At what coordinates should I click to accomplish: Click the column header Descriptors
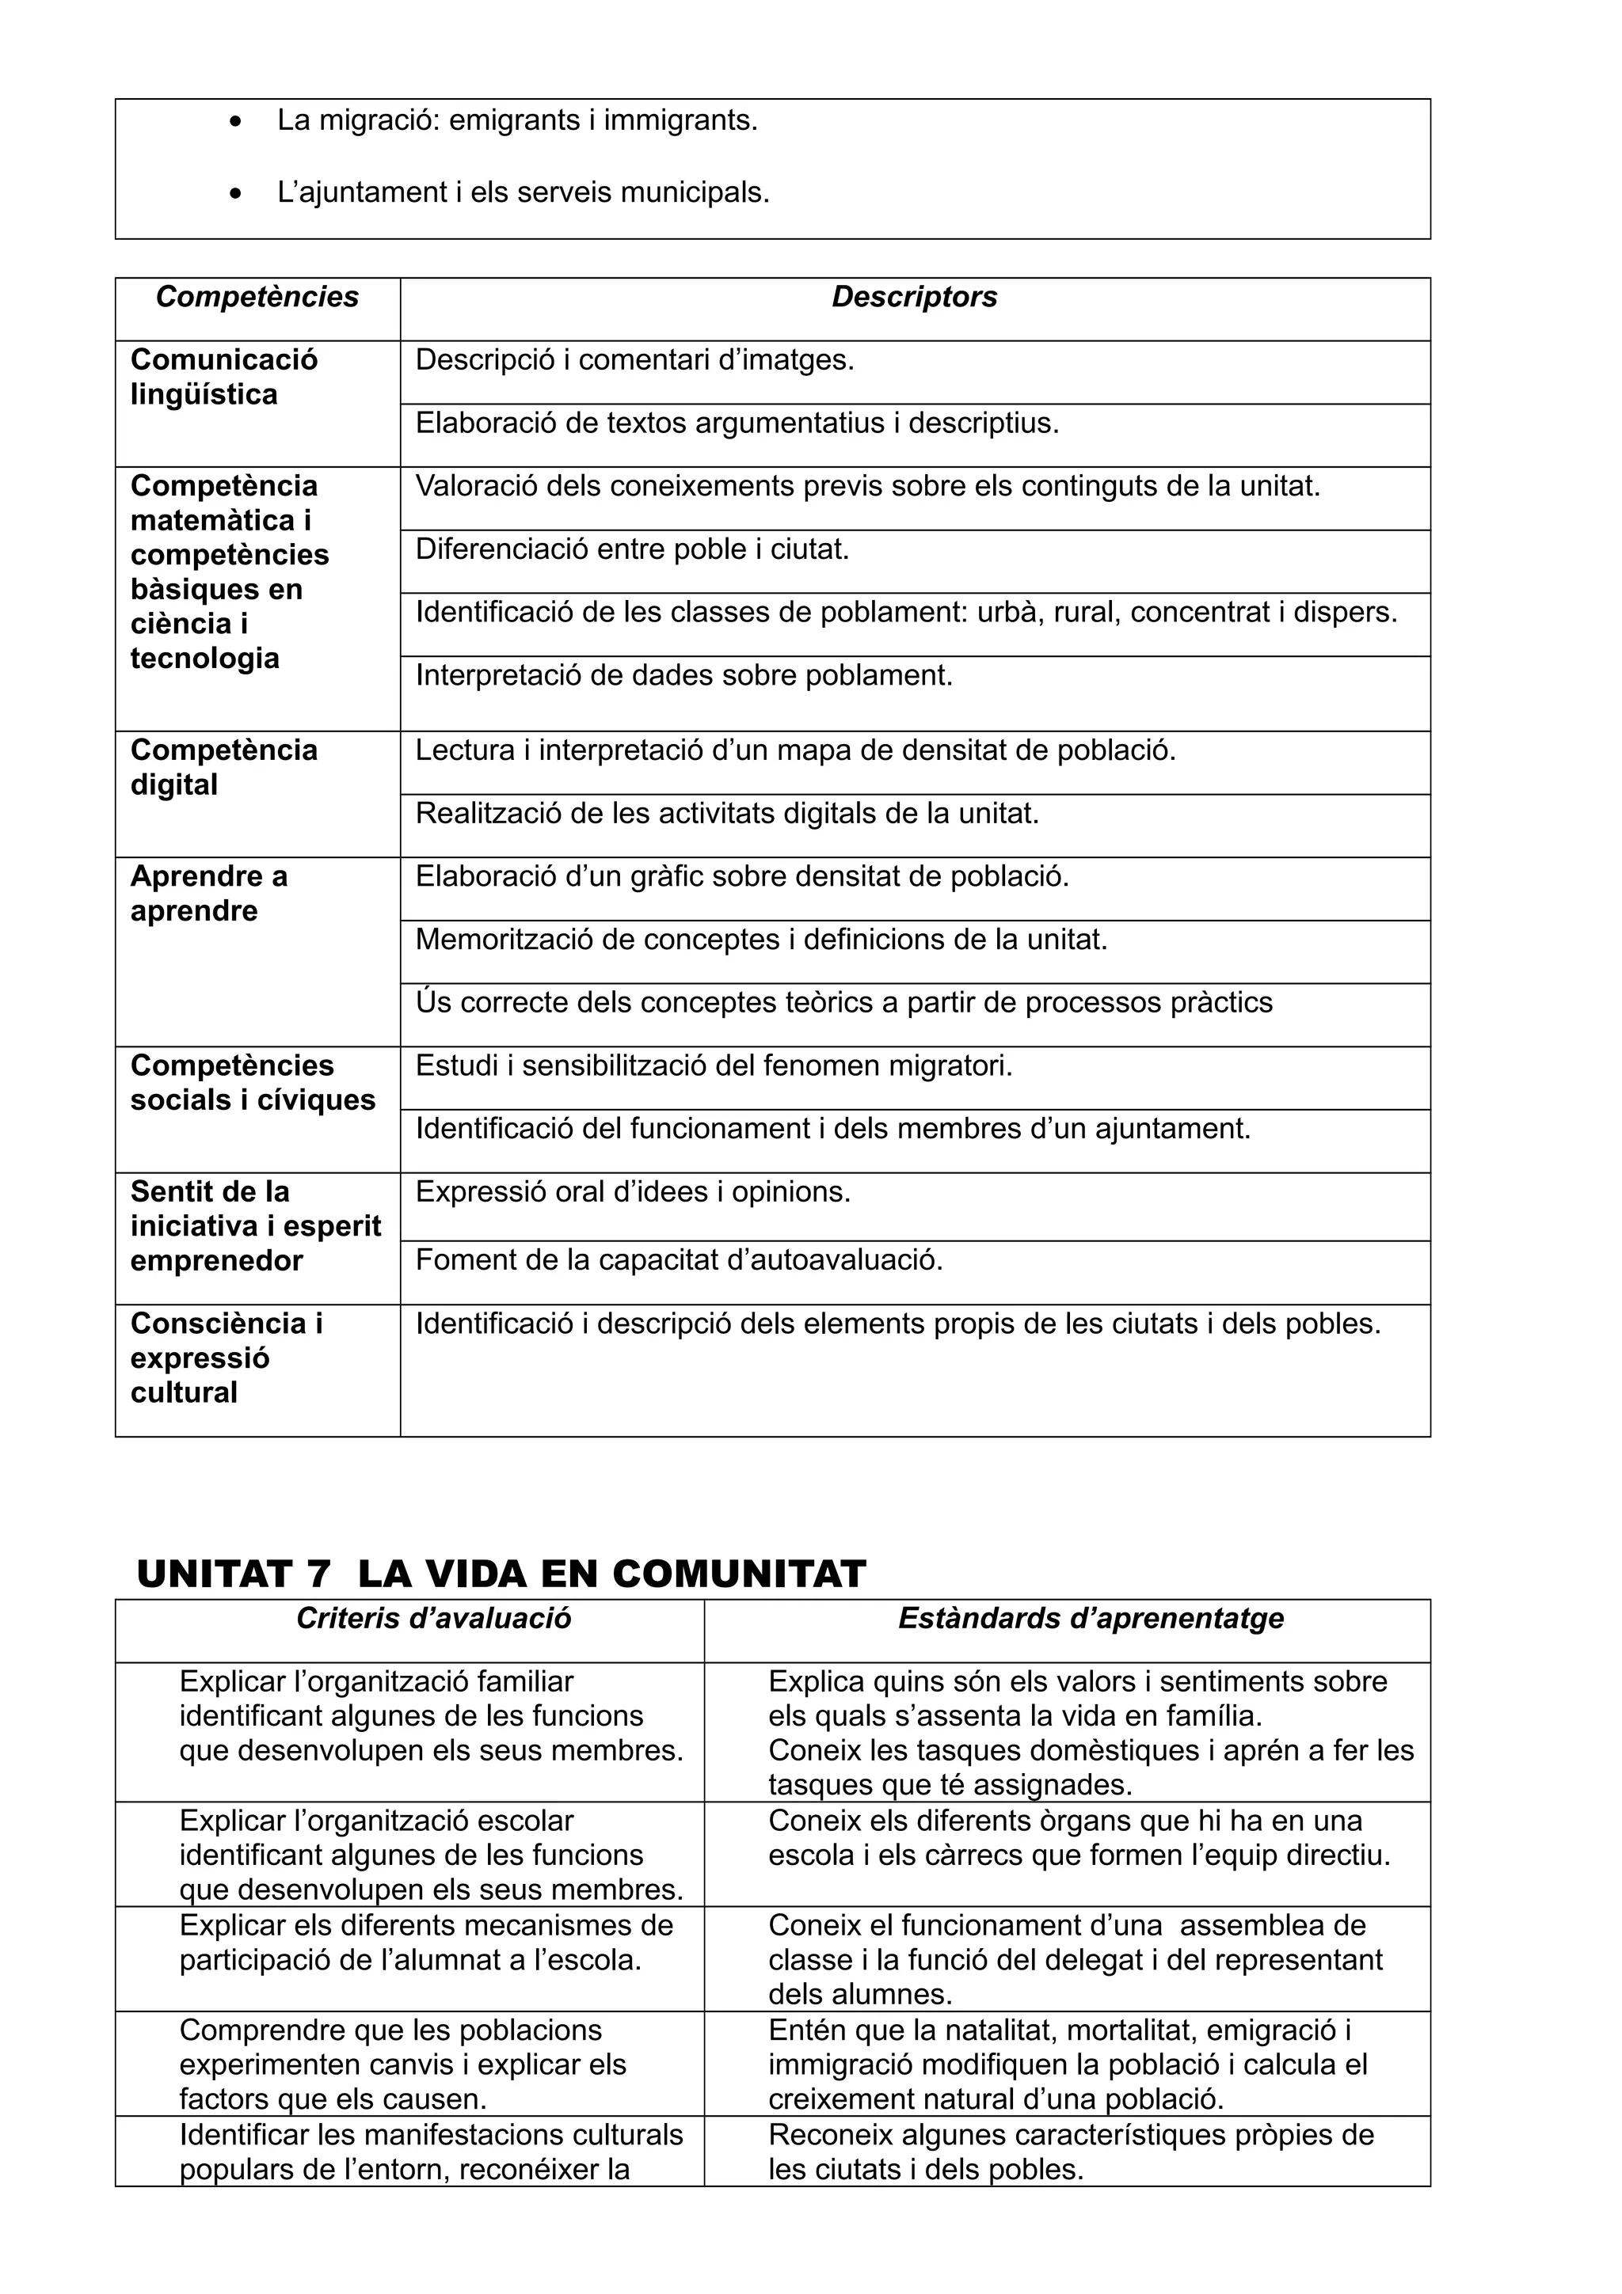click(x=915, y=297)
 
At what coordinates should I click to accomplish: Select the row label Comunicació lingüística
click(x=224, y=377)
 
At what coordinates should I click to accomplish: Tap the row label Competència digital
click(x=224, y=767)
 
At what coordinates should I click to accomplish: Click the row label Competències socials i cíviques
click(x=253, y=1082)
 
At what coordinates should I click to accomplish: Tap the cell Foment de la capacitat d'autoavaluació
click(x=679, y=1260)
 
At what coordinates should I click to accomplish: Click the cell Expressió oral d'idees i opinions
click(x=633, y=1192)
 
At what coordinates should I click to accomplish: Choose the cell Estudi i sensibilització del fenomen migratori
click(x=714, y=1066)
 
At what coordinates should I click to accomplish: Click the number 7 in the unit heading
click(x=317, y=1574)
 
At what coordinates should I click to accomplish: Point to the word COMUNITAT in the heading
click(x=739, y=1574)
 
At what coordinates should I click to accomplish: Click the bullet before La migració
click(x=235, y=122)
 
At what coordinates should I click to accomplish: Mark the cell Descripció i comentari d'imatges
click(x=634, y=359)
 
